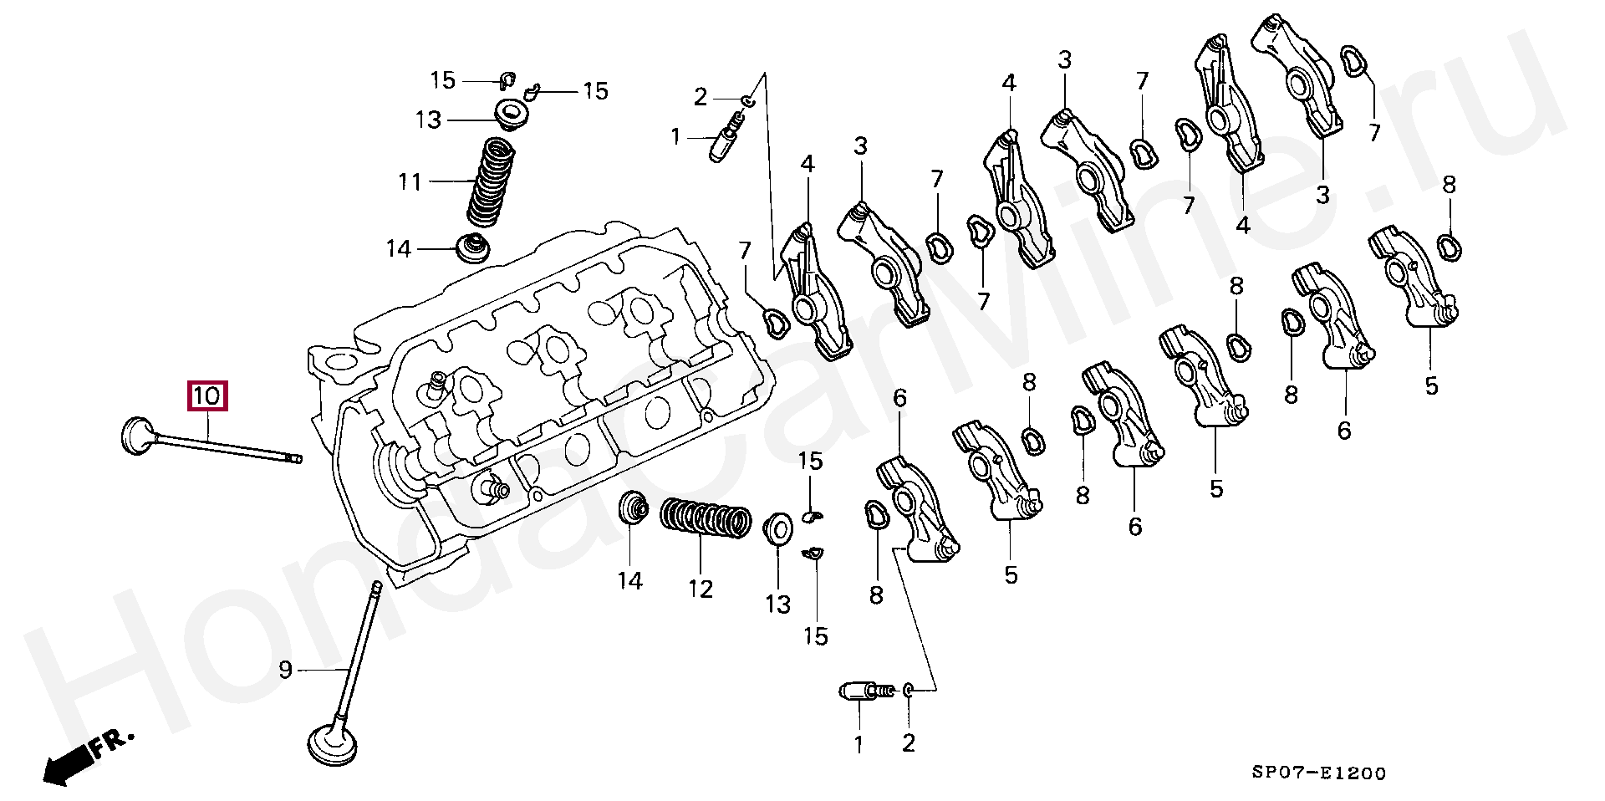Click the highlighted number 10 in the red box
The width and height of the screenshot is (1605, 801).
coord(207,395)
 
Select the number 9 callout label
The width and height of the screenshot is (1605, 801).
coord(285,670)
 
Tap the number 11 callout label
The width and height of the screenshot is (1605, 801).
coord(410,181)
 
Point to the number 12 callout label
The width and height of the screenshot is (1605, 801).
coord(701,589)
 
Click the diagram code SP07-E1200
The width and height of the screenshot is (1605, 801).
coord(1318,773)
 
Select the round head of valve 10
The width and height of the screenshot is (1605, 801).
coord(135,435)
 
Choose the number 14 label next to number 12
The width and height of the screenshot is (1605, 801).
coord(630,581)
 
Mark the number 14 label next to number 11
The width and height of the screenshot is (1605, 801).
coord(399,249)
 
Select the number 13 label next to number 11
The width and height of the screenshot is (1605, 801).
coord(428,120)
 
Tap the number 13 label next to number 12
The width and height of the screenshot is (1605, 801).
coord(777,604)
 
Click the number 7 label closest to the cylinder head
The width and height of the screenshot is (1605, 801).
coord(744,250)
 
